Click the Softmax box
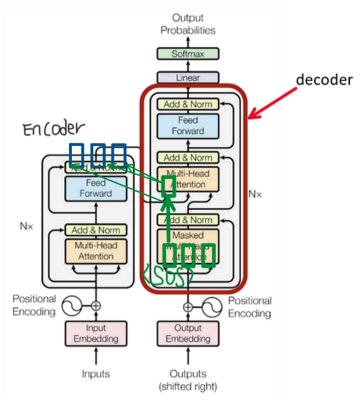tap(187, 54)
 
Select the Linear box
tap(187, 77)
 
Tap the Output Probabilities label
tap(187, 24)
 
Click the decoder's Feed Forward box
tap(187, 126)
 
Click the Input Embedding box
tap(96, 333)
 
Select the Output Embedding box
tap(187, 333)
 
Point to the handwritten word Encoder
tap(54, 129)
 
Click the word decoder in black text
tap(324, 80)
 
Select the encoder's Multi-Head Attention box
tap(96, 251)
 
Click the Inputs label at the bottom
tap(96, 374)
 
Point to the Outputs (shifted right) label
tap(187, 379)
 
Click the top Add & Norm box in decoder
tap(187, 104)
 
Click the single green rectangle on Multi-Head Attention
tap(168, 187)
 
